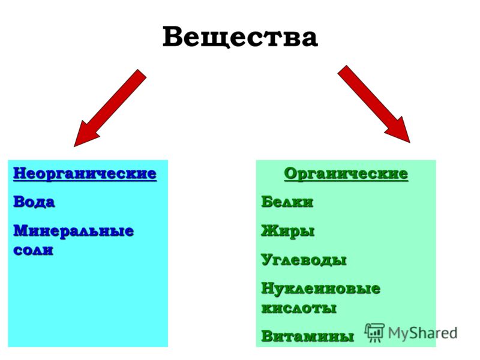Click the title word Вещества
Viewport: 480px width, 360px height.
pos(240,37)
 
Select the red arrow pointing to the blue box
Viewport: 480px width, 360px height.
pos(110,108)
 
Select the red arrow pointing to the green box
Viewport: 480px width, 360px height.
pos(374,104)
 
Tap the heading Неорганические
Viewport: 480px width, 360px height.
pos(85,173)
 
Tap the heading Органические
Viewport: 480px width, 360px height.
pos(346,173)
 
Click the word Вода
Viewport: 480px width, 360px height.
pos(34,202)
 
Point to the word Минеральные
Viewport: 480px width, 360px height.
pos(73,230)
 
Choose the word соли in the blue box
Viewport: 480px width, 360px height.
pos(34,250)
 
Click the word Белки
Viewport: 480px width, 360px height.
pos(287,202)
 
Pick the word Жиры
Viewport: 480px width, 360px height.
pos(288,231)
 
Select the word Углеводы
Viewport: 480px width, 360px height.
pos(304,260)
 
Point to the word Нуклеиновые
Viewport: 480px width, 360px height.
pos(321,289)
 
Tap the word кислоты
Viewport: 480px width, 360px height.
pos(299,308)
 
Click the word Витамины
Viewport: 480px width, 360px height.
pos(307,336)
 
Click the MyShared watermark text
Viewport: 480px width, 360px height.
pos(423,333)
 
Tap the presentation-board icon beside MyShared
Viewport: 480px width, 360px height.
pos(374,332)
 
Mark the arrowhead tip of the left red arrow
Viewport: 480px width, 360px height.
pos(74,146)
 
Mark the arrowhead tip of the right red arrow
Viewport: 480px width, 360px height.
pos(410,143)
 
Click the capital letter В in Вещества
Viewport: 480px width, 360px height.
pos(173,37)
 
